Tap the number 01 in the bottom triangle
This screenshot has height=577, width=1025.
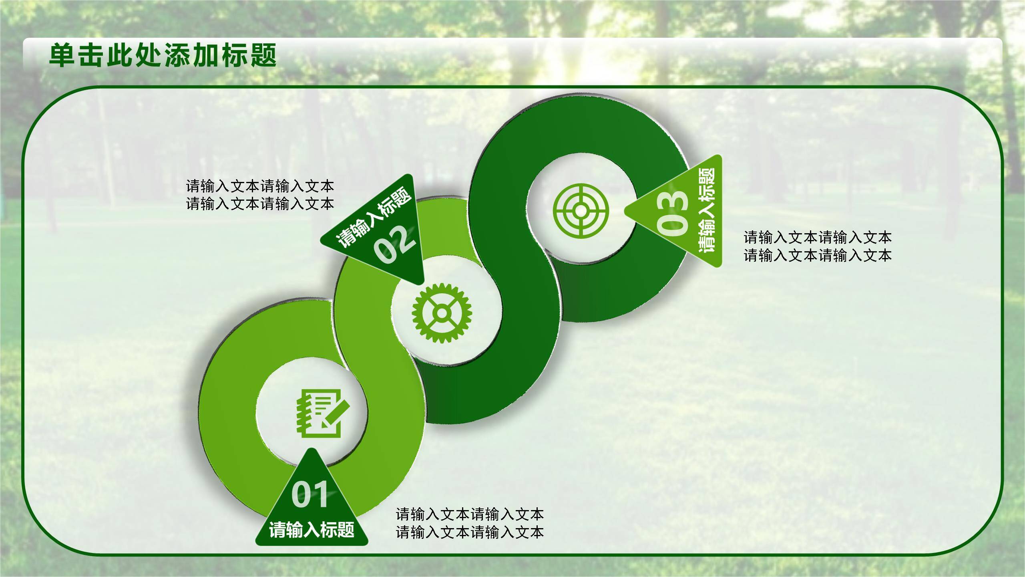[x=310, y=495]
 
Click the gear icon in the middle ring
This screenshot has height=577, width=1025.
[x=442, y=313]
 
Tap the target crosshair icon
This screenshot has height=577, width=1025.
[x=581, y=210]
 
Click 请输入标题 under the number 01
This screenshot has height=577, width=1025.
[x=312, y=529]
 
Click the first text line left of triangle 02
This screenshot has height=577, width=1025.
[x=260, y=186]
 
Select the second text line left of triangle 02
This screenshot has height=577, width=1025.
[x=260, y=204]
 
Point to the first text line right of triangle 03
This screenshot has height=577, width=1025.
[x=818, y=238]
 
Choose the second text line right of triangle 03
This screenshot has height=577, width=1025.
[x=818, y=255]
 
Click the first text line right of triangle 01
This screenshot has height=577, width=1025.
[x=470, y=514]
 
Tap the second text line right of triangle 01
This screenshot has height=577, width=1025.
[x=470, y=532]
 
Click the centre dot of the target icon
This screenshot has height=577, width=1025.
[x=581, y=210]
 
